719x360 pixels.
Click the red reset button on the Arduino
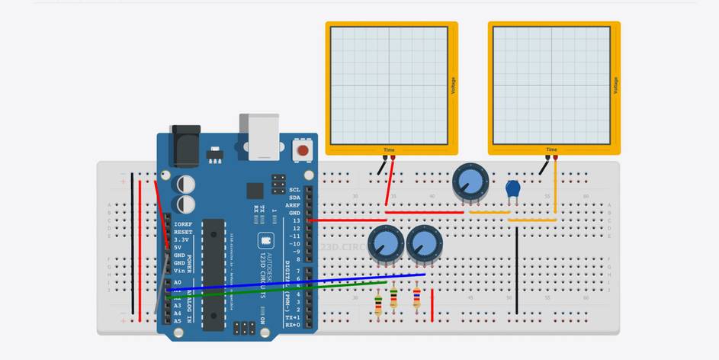303,149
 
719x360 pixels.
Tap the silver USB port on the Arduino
258,137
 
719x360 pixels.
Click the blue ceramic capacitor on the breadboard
513,188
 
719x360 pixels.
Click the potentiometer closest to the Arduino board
386,245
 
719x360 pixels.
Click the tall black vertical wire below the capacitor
516,267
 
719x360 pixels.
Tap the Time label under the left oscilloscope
389,149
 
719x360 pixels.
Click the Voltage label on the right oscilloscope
615,85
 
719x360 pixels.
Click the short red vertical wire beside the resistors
432,305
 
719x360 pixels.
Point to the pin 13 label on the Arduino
296,220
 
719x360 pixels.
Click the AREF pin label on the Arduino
293,205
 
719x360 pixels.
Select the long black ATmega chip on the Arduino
214,275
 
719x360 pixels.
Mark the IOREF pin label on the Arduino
183,224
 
